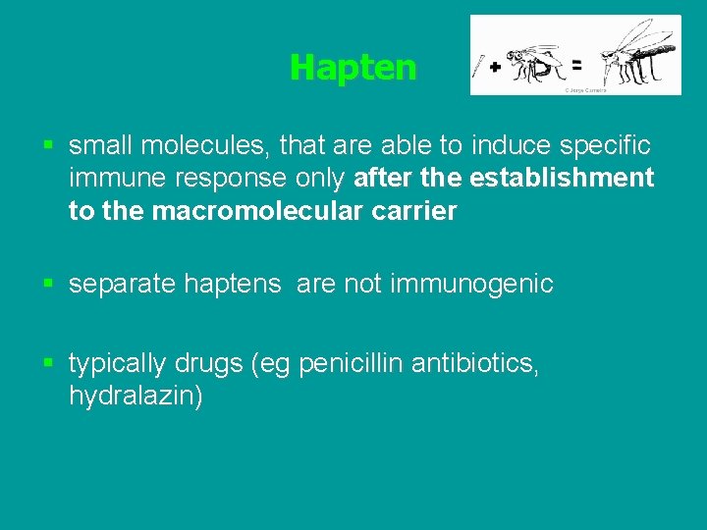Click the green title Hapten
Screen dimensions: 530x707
353,68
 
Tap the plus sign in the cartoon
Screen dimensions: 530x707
495,67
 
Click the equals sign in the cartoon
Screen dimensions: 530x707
576,65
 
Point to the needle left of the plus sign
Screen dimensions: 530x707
478,66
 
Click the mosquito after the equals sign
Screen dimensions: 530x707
635,54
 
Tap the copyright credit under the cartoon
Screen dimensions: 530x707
584,89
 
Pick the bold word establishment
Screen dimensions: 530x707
562,178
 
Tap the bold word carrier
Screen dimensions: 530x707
411,210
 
